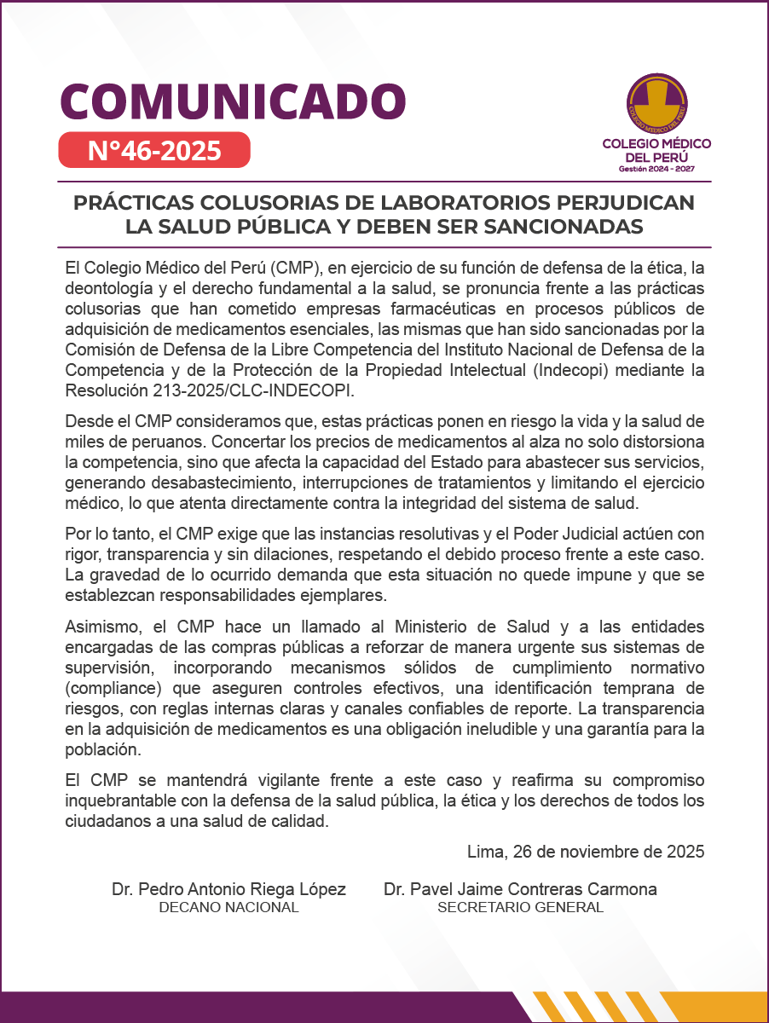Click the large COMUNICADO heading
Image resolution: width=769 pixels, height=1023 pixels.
(x=232, y=101)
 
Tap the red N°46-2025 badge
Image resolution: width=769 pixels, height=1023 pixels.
(x=154, y=150)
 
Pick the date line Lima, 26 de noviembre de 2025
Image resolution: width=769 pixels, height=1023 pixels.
(x=586, y=852)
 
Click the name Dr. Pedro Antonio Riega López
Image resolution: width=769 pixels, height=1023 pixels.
(x=228, y=889)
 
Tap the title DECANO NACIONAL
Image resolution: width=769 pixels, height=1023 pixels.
(x=228, y=908)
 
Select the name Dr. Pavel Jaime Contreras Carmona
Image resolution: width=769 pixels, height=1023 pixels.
(x=520, y=889)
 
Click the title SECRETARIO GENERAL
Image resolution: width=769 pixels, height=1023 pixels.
(x=520, y=908)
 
